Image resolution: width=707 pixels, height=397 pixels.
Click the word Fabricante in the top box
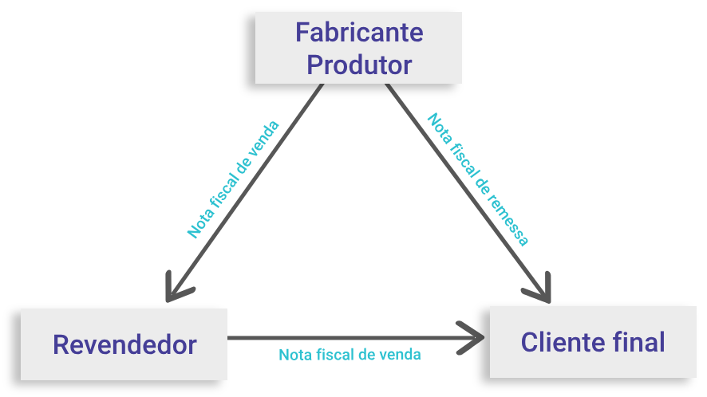click(359, 33)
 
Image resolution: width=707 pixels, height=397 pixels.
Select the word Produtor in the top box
click(359, 64)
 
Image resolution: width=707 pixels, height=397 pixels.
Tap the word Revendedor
click(124, 344)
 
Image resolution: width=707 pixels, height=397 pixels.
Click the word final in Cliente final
click(642, 342)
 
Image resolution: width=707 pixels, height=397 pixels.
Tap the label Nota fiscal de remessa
click(478, 179)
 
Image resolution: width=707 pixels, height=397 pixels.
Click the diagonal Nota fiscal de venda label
click(233, 179)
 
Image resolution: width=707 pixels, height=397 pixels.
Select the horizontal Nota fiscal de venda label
click(350, 354)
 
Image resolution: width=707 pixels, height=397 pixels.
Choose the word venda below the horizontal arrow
click(401, 354)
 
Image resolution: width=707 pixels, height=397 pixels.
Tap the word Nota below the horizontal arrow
click(294, 354)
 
